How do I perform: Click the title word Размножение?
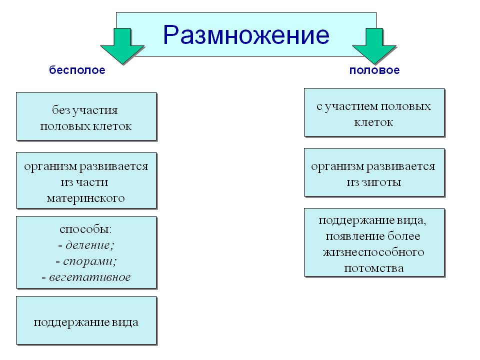[246, 34]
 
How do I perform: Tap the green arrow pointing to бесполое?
[122, 46]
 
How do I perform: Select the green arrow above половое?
[374, 46]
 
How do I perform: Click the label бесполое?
[77, 70]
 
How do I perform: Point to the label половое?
[374, 70]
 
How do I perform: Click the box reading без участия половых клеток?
[86, 116]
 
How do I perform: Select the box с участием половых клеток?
[374, 112]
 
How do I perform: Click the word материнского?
[85, 198]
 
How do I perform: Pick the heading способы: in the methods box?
[85, 229]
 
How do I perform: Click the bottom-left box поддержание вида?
[86, 320]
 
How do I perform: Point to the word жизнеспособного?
[373, 252]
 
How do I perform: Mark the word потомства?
[374, 268]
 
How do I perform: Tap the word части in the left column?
[92, 182]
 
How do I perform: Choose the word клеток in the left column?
[112, 126]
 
